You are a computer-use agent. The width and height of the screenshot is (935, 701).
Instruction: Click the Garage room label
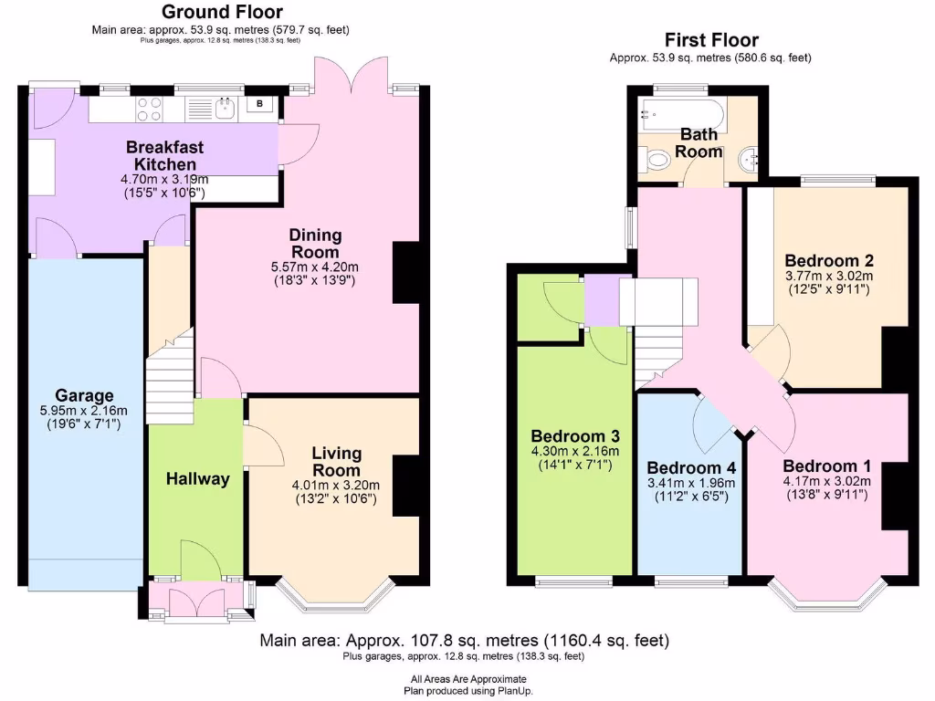point(83,395)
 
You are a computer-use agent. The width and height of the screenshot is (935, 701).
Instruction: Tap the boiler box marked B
point(260,105)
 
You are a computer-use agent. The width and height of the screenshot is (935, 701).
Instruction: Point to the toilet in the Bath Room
point(656,160)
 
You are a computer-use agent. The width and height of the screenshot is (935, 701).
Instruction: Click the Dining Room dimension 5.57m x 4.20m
point(315,267)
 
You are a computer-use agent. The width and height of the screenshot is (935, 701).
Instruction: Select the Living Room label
point(336,461)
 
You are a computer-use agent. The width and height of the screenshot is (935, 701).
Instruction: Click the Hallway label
point(196,478)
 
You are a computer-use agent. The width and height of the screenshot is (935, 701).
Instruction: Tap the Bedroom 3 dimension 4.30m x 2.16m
point(574,451)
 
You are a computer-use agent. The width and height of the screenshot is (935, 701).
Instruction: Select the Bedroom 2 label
point(822,261)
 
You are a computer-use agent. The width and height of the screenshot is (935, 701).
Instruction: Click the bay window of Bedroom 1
point(828,593)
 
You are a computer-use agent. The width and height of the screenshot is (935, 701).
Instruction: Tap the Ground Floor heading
point(222,12)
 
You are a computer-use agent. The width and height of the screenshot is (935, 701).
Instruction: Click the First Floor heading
point(710,39)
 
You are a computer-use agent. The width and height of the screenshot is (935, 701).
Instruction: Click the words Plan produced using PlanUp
point(467,691)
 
